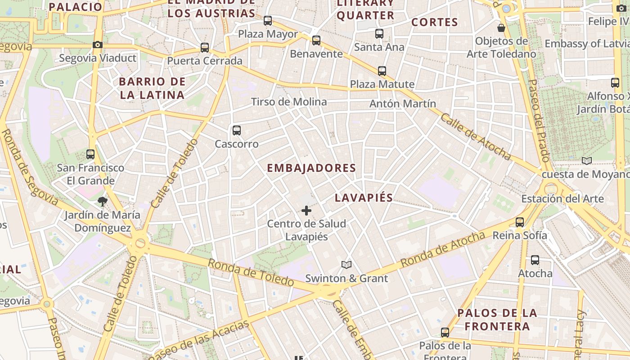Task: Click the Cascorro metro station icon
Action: click(237, 130)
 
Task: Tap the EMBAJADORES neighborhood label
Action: click(311, 168)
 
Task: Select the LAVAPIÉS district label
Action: click(364, 198)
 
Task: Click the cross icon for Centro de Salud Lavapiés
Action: click(306, 210)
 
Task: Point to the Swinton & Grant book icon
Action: click(346, 265)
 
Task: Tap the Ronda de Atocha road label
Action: click(443, 249)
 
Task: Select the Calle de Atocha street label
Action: click(475, 137)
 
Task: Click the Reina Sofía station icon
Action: click(520, 222)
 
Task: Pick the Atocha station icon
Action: click(535, 260)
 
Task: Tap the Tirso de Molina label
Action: click(289, 102)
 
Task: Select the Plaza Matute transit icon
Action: click(382, 71)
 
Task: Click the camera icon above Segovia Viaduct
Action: click(97, 45)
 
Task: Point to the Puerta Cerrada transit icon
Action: click(205, 47)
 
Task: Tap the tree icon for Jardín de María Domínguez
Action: click(103, 201)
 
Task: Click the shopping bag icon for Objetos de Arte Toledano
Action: click(501, 28)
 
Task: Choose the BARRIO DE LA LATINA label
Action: click(152, 88)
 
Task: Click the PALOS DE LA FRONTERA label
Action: click(497, 319)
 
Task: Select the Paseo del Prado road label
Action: click(539, 121)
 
